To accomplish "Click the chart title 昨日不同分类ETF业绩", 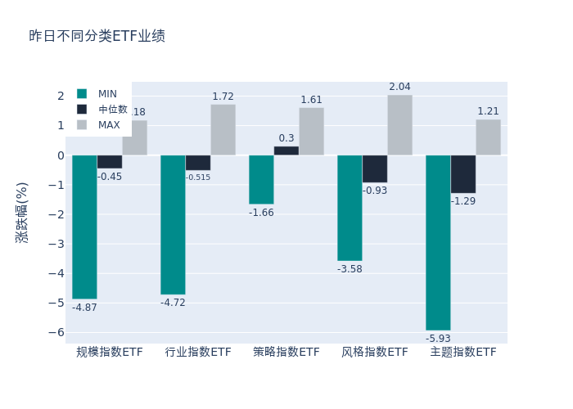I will (x=97, y=36).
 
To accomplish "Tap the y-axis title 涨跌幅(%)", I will (x=22, y=212).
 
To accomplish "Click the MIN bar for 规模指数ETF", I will (x=84, y=227).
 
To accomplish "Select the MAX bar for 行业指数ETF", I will (x=223, y=130).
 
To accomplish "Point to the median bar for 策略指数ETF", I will (x=286, y=151).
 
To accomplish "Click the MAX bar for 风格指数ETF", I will (x=399, y=125).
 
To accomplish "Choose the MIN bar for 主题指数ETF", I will (x=438, y=242).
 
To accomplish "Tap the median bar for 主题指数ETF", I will (x=462, y=174).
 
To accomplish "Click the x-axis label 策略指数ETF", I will (x=286, y=353).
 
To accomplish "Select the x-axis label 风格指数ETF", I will (x=375, y=353).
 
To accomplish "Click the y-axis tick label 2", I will (x=60, y=96).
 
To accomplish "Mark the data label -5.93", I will (x=438, y=339).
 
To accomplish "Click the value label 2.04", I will (x=399, y=87).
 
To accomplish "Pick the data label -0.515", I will (x=198, y=178).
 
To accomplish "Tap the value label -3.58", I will (x=350, y=269).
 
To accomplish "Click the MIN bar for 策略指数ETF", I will (x=261, y=179).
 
